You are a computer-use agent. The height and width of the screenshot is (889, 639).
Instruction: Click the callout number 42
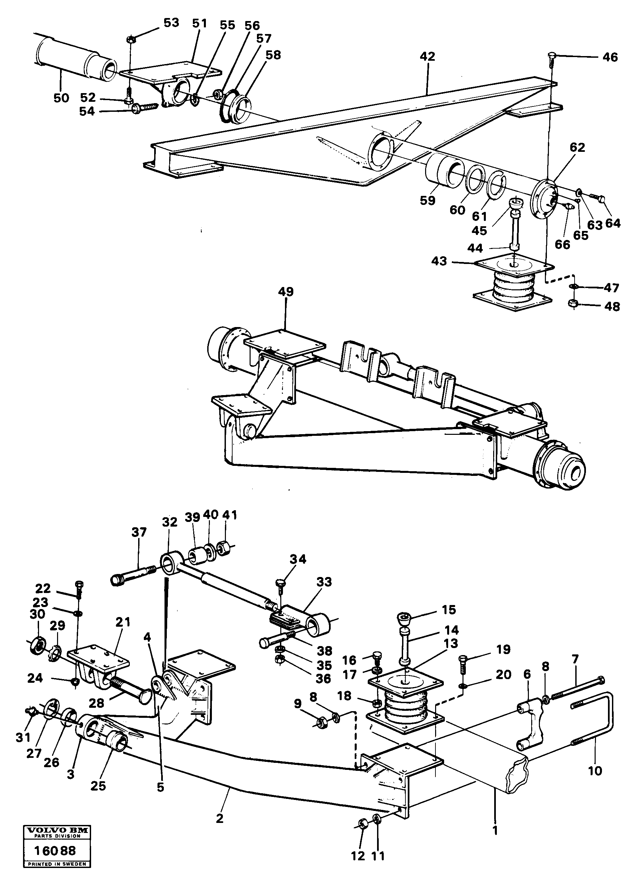(427, 57)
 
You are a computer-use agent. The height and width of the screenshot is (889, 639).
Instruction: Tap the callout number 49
(286, 292)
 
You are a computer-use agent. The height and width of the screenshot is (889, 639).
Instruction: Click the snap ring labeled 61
(497, 184)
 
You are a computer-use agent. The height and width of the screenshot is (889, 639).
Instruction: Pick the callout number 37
(139, 532)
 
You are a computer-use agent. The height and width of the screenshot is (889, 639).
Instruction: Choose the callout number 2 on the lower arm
(220, 808)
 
